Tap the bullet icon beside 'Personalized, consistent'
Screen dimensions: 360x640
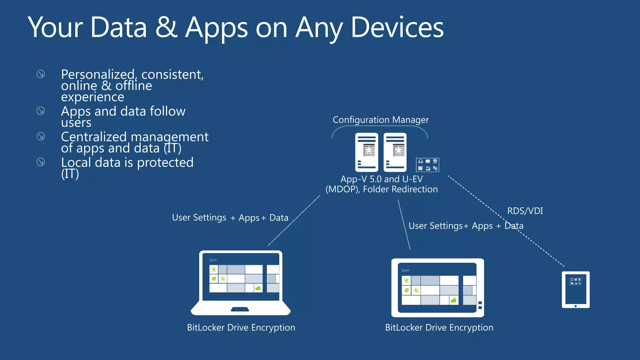pyautogui.click(x=41, y=74)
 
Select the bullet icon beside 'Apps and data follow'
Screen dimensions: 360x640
pyautogui.click(x=41, y=111)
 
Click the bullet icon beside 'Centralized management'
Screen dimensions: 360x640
pyautogui.click(x=41, y=137)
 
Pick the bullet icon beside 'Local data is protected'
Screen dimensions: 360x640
pyautogui.click(x=41, y=162)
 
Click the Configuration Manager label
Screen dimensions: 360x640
pyautogui.click(x=381, y=120)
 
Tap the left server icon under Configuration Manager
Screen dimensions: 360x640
pyautogui.click(x=367, y=152)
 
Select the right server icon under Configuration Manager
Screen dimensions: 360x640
pyautogui.click(x=395, y=152)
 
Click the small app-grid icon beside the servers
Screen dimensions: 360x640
pyautogui.click(x=427, y=165)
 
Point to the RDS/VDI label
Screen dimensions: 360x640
pyautogui.click(x=525, y=211)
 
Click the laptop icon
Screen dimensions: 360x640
pyautogui.click(x=241, y=283)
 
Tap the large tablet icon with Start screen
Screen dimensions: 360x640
pyautogui.click(x=437, y=288)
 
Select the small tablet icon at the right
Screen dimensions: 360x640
pyautogui.click(x=576, y=290)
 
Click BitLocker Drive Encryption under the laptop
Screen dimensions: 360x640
pyautogui.click(x=241, y=327)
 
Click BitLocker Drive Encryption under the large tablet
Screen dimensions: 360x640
pyautogui.click(x=439, y=327)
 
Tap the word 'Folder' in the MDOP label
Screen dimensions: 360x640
pyautogui.click(x=376, y=189)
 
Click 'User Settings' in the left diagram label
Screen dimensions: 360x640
pyautogui.click(x=199, y=217)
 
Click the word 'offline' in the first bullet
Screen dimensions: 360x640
pyautogui.click(x=133, y=86)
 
